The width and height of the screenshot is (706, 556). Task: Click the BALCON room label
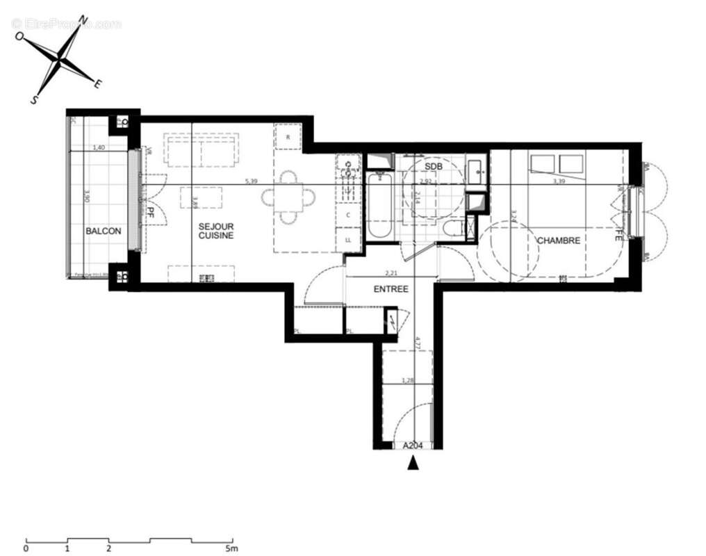point(104,231)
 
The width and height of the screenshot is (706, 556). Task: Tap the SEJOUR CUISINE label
point(215,231)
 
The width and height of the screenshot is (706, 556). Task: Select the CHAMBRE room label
point(558,240)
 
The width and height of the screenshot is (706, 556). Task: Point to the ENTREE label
point(391,289)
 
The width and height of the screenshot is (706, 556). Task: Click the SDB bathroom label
point(433,167)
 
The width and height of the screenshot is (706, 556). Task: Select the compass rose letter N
point(83,19)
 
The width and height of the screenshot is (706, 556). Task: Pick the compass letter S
point(33,100)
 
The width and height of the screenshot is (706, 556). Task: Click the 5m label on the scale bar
point(231,548)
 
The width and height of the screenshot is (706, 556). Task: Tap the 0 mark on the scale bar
point(26,548)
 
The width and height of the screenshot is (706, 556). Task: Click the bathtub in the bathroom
point(380,205)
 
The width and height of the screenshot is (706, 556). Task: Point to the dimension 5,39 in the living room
point(250,182)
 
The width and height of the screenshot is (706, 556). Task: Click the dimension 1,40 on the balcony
point(98,148)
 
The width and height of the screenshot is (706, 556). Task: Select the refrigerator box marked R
point(288,136)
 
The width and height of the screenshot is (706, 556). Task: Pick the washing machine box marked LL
point(347,240)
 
